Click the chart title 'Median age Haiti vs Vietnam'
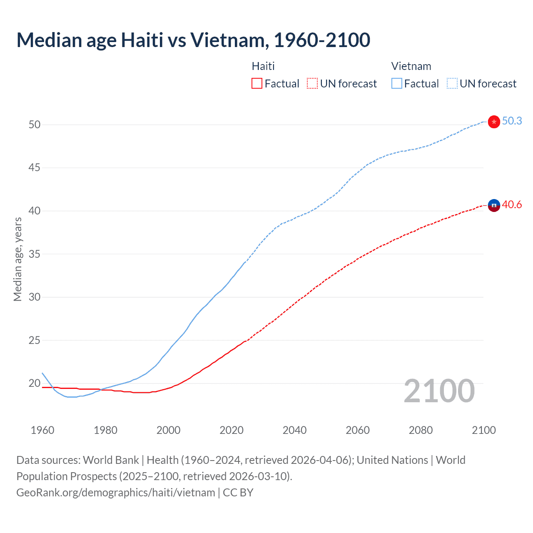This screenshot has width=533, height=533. click(193, 40)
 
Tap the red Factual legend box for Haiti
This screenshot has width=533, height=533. click(257, 83)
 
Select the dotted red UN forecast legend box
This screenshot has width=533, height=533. click(312, 83)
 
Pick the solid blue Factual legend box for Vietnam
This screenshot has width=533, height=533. click(397, 83)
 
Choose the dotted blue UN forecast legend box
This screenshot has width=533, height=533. click(452, 83)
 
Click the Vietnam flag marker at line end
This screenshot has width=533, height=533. click(494, 122)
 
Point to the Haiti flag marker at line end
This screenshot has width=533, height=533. click(494, 205)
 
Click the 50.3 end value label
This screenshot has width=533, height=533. click(512, 121)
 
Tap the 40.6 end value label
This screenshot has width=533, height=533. click(512, 204)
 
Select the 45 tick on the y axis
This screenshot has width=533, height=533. click(35, 168)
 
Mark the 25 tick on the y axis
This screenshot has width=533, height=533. click(35, 340)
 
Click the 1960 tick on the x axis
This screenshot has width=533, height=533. click(42, 430)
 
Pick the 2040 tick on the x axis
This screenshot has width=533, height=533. click(294, 430)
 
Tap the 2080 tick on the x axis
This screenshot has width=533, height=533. click(421, 430)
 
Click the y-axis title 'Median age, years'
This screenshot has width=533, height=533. click(17, 259)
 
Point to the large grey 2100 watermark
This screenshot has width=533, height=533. click(439, 391)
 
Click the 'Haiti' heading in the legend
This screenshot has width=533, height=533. click(263, 66)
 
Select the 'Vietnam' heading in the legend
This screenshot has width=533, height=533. click(411, 66)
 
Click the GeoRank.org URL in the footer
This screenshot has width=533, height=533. click(116, 492)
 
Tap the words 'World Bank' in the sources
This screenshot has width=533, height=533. click(111, 460)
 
